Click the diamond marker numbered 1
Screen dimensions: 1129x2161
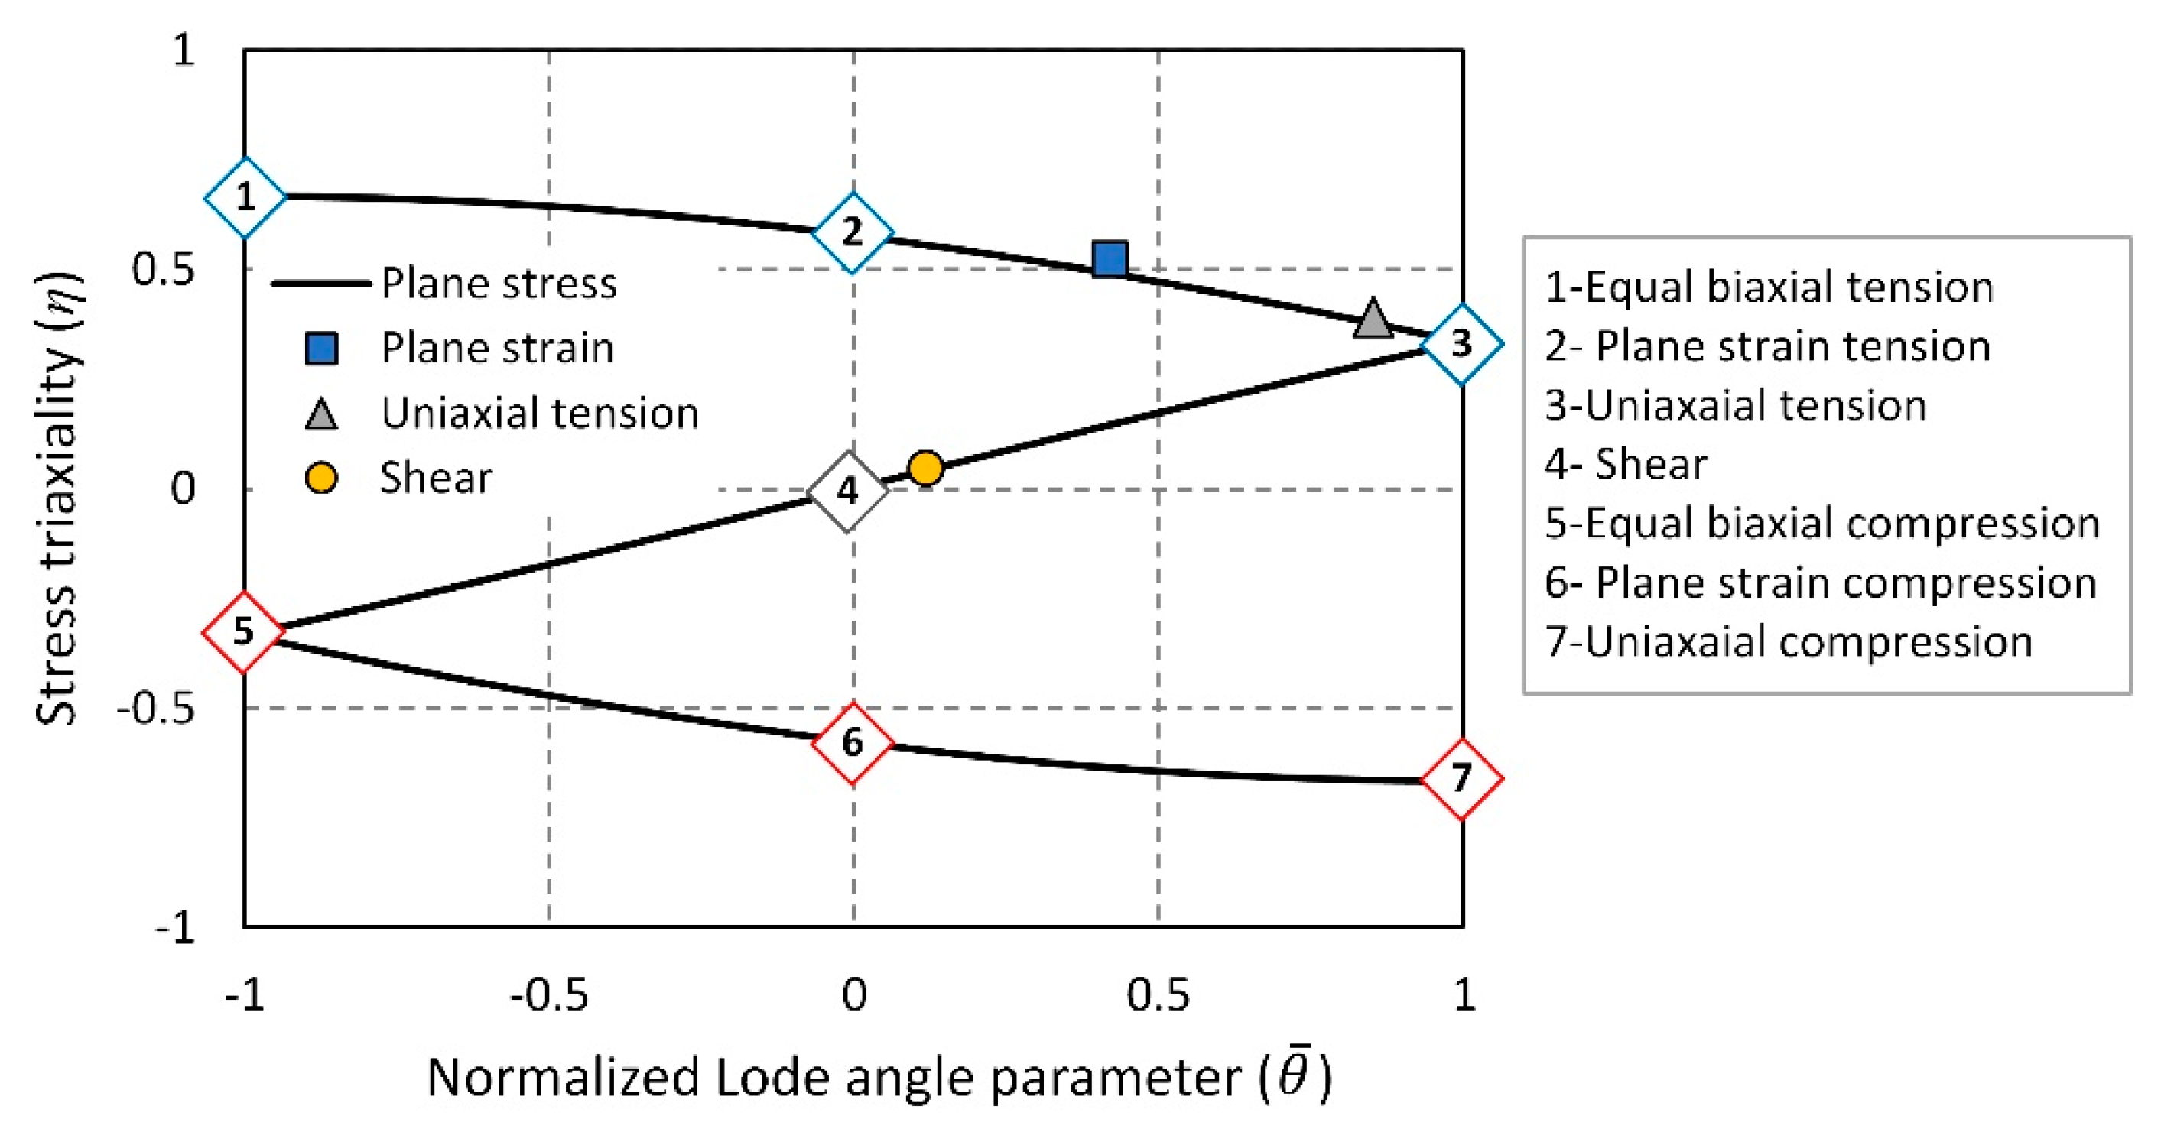click(x=245, y=198)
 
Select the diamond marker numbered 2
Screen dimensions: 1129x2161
click(x=853, y=232)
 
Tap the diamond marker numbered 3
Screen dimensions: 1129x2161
click(x=1462, y=344)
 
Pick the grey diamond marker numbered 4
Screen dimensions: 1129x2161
click(x=848, y=491)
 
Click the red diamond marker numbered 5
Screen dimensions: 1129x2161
click(x=243, y=631)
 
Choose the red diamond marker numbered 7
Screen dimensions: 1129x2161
click(x=1462, y=779)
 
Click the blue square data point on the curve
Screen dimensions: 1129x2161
click(x=1110, y=259)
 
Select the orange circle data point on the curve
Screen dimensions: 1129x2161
click(x=926, y=469)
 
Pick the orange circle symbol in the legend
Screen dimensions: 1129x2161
click(x=321, y=478)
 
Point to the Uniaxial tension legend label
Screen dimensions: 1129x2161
click(x=539, y=413)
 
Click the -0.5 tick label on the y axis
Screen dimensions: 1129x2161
click(x=155, y=709)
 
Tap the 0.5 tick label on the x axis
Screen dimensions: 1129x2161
click(x=1158, y=994)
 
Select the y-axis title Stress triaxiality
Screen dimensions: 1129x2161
click(x=59, y=499)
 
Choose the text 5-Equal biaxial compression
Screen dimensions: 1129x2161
click(x=1821, y=524)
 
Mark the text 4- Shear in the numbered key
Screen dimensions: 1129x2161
click(x=1625, y=464)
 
